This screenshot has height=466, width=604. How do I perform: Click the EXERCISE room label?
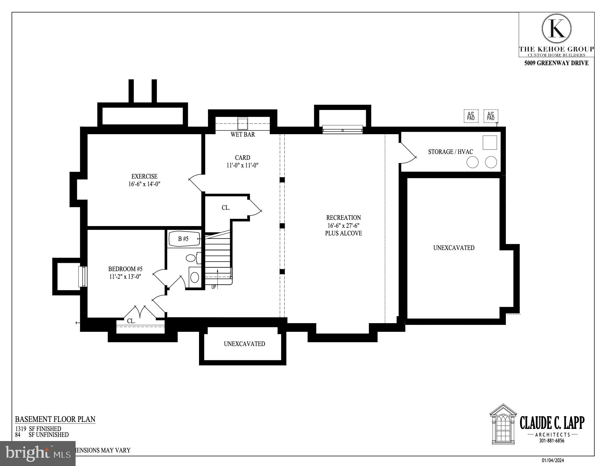pos(144,176)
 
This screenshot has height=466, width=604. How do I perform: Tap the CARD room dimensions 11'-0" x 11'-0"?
pos(242,165)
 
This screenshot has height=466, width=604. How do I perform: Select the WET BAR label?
pos(243,135)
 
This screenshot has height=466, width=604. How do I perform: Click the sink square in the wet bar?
pos(242,123)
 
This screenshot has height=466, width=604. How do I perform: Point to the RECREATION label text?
pos(343,218)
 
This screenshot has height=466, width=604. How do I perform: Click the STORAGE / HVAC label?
pos(450,152)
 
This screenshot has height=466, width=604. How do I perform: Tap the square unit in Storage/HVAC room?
pos(490,143)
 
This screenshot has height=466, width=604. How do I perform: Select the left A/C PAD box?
pos(471,116)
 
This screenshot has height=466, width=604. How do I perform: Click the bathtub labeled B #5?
pos(184,239)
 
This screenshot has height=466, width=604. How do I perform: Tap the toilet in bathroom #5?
pos(191,258)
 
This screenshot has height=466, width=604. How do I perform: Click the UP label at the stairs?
pos(214,287)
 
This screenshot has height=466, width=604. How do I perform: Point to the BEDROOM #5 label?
pos(125,269)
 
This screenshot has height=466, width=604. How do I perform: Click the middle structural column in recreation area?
pos(282,226)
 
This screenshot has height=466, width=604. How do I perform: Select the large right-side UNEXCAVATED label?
pos(454,248)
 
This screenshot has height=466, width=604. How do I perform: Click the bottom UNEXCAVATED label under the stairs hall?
pos(244,344)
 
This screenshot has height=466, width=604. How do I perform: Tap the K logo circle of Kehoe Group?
pos(556,28)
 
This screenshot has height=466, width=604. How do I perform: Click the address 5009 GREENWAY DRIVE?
pos(556,63)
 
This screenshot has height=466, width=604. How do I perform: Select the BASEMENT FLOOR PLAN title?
pos(55,419)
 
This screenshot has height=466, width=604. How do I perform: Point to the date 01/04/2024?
pos(553,460)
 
